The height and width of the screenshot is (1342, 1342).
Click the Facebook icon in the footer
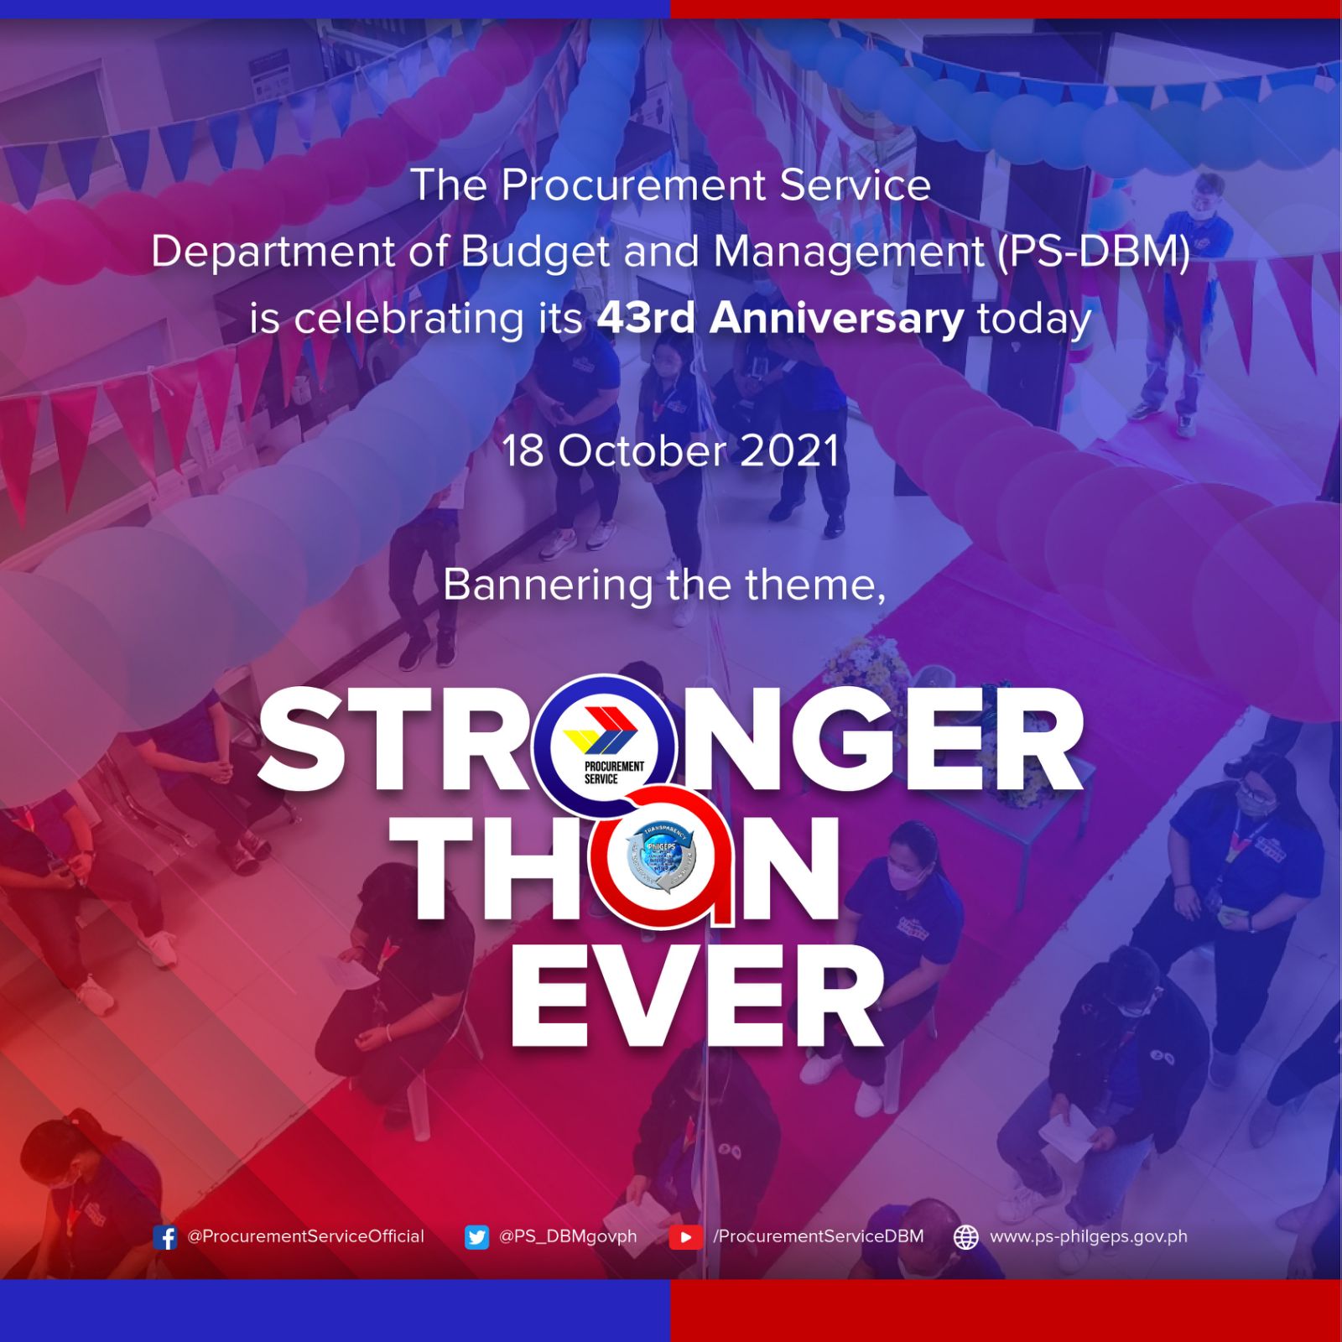click(165, 1237)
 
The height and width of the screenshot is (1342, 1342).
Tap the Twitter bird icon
click(476, 1237)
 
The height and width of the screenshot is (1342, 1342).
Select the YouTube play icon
click(685, 1237)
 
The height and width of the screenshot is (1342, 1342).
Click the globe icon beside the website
click(966, 1237)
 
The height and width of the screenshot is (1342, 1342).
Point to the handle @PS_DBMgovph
click(568, 1236)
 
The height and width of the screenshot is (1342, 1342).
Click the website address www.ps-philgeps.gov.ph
click(1089, 1236)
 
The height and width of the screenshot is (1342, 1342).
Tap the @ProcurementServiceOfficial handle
click(306, 1236)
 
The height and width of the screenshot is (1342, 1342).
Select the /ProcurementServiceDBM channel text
click(818, 1236)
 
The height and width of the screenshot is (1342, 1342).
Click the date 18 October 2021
click(671, 451)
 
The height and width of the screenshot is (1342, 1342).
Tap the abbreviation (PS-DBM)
click(1094, 252)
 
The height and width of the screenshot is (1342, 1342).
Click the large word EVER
click(696, 998)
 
